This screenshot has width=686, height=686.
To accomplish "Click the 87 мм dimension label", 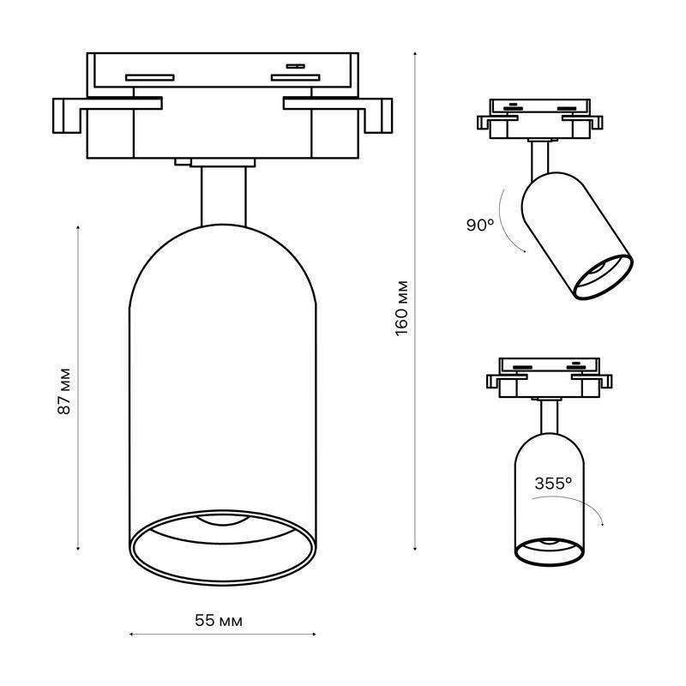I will [63, 392].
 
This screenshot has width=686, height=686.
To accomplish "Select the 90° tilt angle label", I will [480, 226].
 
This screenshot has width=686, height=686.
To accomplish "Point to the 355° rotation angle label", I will [552, 484].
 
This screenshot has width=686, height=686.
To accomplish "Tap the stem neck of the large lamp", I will [224, 196].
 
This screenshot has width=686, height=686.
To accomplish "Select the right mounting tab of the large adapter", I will [380, 117].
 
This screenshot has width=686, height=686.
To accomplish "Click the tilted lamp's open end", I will [602, 277].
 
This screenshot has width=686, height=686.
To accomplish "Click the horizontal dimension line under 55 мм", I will [223, 635].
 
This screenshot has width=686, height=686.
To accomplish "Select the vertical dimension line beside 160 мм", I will [416, 300].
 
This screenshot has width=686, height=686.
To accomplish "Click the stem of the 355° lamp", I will [550, 418].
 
